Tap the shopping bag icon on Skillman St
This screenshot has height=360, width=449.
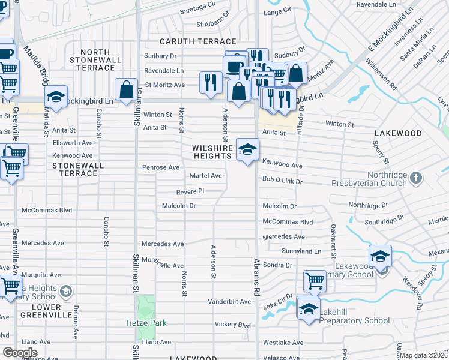coord(127,91)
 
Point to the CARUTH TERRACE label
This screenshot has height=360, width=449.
coord(197,41)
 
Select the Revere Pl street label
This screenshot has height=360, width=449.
coord(191,192)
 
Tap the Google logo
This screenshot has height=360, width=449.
coord(20,352)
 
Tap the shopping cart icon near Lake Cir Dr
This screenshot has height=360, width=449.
coord(315,280)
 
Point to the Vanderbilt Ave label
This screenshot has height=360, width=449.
coord(229,301)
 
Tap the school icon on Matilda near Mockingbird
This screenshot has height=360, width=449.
coord(55,97)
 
